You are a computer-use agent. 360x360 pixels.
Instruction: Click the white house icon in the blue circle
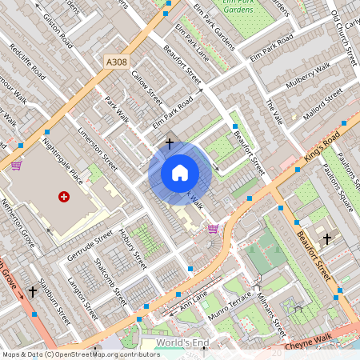click(x=180, y=173)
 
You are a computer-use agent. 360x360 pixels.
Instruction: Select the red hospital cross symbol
click(x=64, y=196)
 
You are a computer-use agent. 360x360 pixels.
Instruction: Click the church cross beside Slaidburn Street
click(x=33, y=291)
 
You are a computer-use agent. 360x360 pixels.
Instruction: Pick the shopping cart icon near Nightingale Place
click(x=17, y=166)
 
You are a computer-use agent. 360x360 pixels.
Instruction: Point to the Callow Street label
click(x=146, y=89)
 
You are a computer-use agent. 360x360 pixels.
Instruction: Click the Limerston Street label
click(x=98, y=148)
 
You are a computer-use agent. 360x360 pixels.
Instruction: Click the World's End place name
click(x=182, y=342)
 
